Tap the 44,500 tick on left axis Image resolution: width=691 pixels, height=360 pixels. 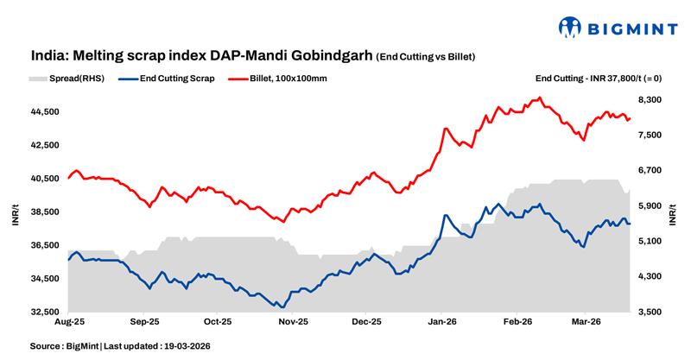[x=44, y=111]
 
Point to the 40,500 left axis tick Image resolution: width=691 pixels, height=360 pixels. [x=44, y=179]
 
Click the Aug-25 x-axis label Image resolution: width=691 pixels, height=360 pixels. [x=70, y=322]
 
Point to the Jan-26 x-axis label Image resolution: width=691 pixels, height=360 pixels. [x=442, y=322]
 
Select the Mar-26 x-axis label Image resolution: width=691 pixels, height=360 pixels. [x=586, y=322]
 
